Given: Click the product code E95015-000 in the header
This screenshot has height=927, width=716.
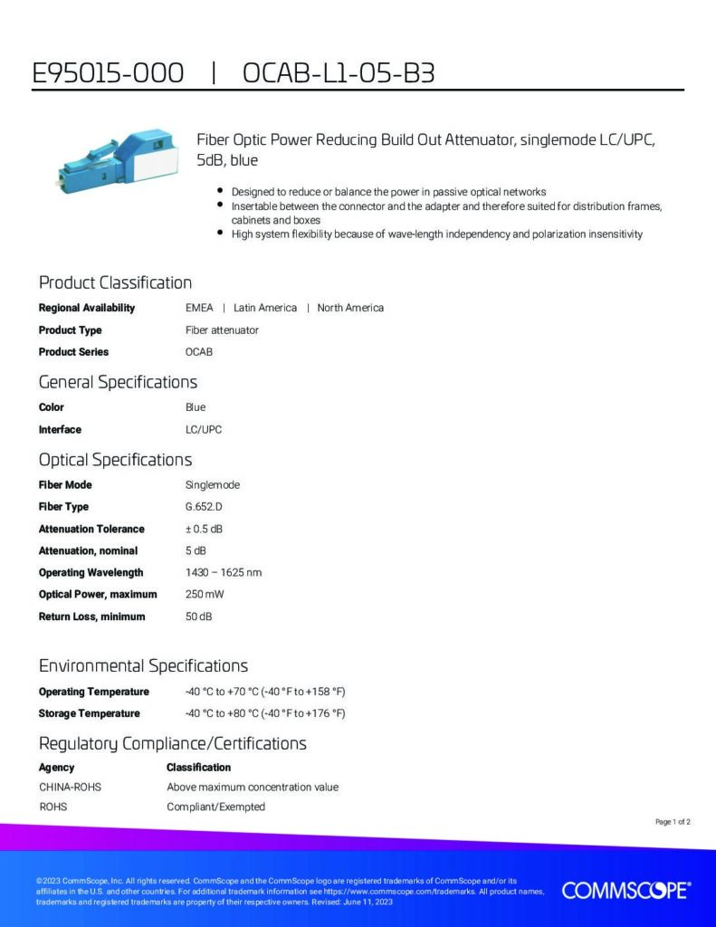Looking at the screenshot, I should [x=108, y=73].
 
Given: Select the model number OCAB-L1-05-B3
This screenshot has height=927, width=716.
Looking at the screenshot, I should [x=339, y=73].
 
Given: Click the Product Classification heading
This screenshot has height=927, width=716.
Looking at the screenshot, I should [x=115, y=282].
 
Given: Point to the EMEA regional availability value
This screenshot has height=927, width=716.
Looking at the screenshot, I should [x=199, y=308].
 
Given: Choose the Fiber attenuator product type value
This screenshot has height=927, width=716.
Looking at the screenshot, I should [x=222, y=330].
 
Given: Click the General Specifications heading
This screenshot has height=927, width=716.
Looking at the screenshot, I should [x=118, y=382].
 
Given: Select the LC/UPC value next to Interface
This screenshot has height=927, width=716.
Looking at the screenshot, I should [x=203, y=430].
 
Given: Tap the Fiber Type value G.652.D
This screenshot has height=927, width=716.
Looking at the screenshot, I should [x=204, y=507].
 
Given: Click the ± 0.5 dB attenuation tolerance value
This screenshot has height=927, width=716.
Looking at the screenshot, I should [x=204, y=529].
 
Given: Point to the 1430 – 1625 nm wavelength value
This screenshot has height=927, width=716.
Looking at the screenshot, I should [x=223, y=572].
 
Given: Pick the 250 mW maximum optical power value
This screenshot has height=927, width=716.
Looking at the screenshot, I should [x=204, y=595].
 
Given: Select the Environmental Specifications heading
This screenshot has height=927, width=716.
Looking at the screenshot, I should [x=143, y=666].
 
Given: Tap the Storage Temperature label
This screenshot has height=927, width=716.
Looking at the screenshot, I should [x=89, y=713].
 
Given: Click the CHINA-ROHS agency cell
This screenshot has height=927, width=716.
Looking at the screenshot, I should [x=70, y=788].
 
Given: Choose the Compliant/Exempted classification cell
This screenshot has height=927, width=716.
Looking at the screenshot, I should [x=215, y=807].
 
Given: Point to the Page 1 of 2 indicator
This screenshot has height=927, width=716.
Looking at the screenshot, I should [x=673, y=822].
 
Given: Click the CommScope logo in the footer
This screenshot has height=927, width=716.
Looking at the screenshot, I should [x=626, y=891].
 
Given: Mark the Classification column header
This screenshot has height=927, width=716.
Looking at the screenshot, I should [x=198, y=768].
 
